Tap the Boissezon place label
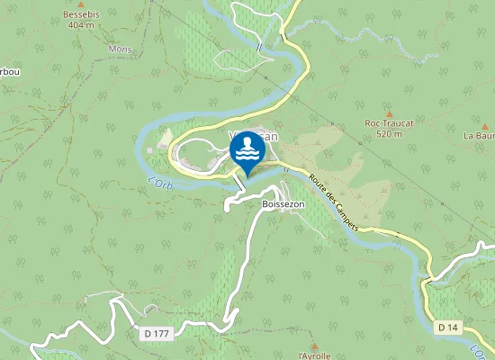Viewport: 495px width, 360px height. click(283, 204)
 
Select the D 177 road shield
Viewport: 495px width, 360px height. click(156, 333)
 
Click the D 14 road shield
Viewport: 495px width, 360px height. click(448, 327)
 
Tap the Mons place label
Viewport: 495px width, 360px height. click(119, 49)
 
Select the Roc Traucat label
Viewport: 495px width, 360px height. click(388, 122)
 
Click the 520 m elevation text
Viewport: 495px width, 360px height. click(388, 133)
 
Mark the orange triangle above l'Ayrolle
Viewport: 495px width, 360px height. click(314, 345)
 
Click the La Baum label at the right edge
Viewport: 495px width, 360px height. click(479, 135)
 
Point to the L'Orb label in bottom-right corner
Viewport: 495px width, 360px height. click(481, 351)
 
